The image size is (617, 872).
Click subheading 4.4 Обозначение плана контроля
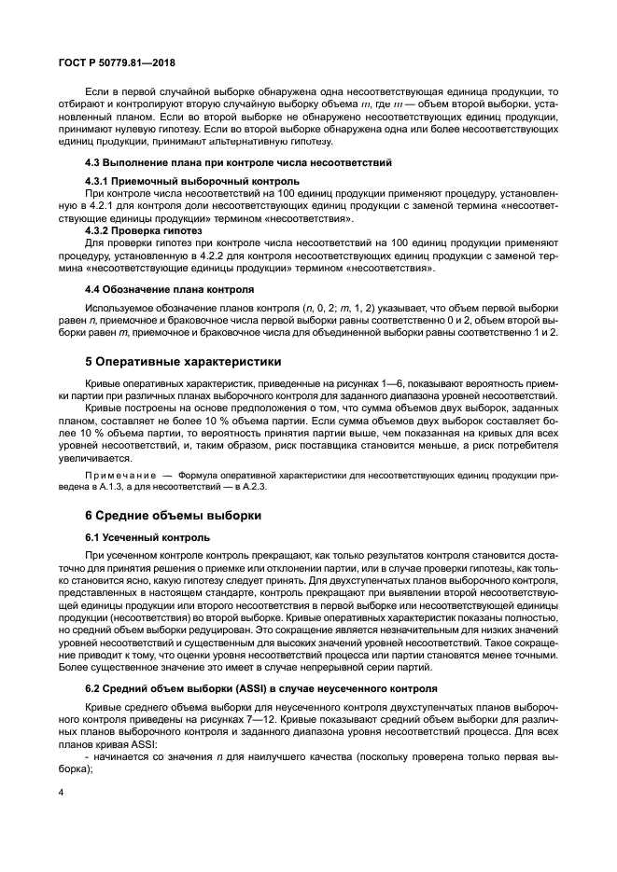click(x=162, y=288)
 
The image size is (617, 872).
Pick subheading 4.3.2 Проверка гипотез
click(x=140, y=229)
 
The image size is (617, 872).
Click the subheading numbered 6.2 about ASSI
click(x=260, y=689)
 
